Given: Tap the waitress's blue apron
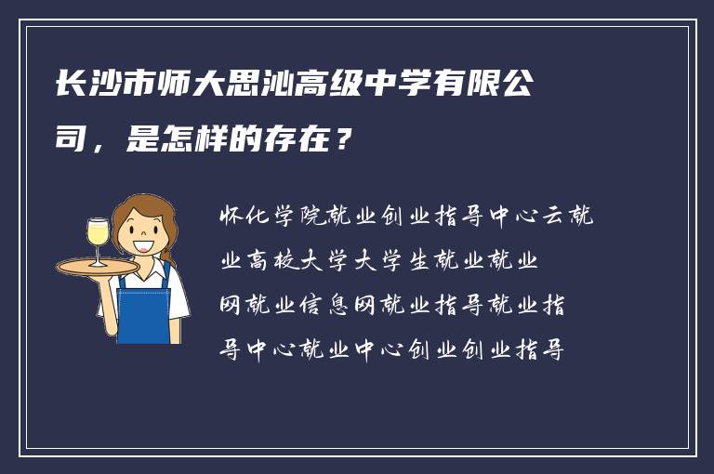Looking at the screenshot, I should click(x=145, y=308).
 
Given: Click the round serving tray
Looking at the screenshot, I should click(x=98, y=266).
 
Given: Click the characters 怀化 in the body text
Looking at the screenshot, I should click(x=243, y=217).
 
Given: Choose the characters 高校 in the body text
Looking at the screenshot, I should click(x=277, y=261).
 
